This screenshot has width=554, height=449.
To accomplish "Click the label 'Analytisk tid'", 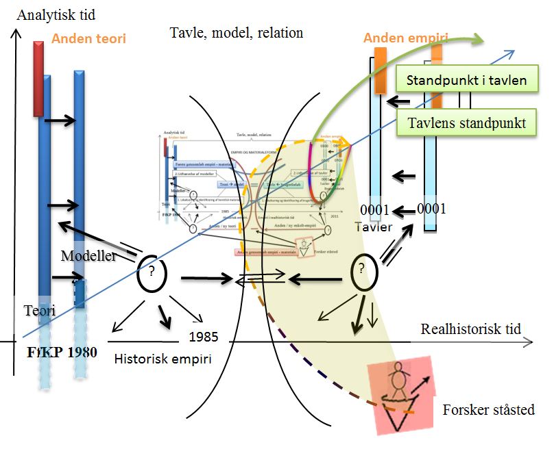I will (x=58, y=14).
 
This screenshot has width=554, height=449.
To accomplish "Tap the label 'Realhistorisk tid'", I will (x=470, y=329).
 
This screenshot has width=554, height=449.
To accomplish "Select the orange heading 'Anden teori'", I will (x=88, y=39).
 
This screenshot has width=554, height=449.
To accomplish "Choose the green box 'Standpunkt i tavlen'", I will (x=466, y=81).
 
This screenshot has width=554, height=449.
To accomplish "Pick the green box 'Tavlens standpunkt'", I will (x=466, y=123).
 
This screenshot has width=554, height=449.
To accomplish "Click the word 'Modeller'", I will (x=86, y=255).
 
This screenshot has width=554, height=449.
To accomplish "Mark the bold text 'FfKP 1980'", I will (x=61, y=353).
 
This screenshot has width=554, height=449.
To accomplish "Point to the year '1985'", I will (x=204, y=337).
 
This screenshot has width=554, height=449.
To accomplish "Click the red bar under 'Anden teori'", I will (x=38, y=78).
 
